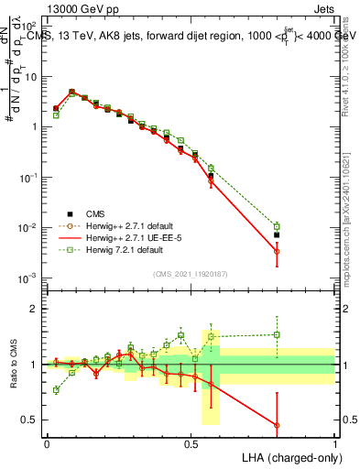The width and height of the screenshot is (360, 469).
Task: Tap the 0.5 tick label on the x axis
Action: pyautogui.click(x=191, y=442)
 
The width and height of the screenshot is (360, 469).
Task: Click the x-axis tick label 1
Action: pyautogui.click(x=334, y=442)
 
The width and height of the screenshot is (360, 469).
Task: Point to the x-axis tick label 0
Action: pyautogui.click(x=47, y=442)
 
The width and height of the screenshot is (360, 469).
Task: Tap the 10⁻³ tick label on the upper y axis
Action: pyautogui.click(x=29, y=278)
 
